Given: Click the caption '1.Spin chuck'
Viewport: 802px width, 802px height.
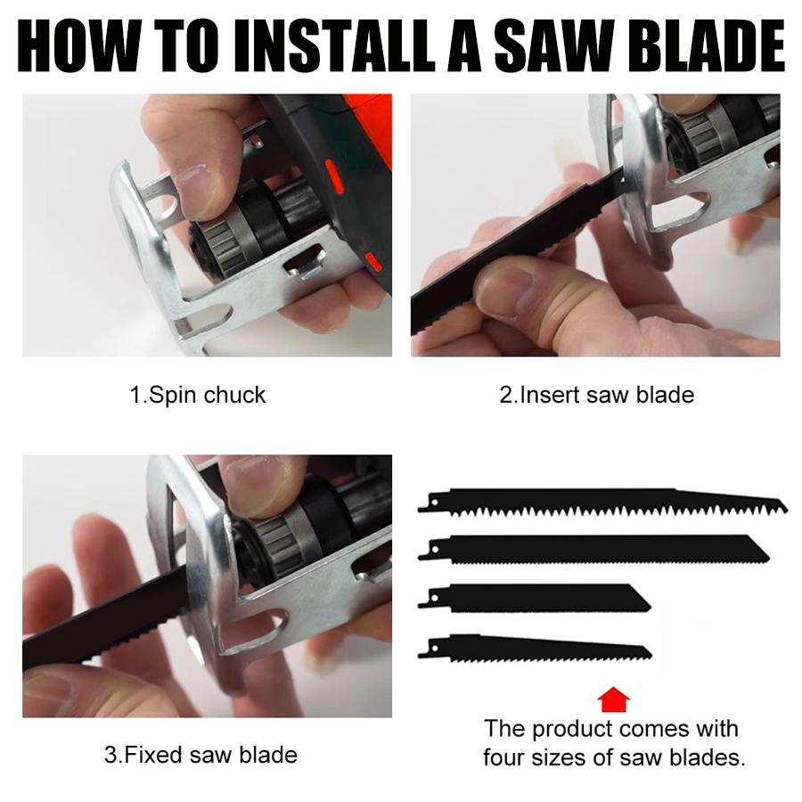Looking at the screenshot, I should point(198,394).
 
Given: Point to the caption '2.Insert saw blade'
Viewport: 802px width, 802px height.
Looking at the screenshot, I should point(596,394).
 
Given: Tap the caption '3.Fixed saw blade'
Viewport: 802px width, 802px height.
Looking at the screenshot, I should point(200,756).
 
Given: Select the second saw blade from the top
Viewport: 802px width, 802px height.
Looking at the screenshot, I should point(597,549).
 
